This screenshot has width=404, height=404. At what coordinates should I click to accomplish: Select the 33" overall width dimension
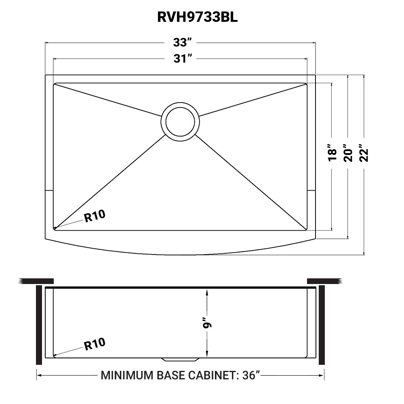point(181,42)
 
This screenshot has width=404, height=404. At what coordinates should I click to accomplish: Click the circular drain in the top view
point(180,120)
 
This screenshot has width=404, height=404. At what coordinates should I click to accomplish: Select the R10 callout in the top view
point(95,217)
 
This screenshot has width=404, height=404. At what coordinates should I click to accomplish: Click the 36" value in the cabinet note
point(249,376)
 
